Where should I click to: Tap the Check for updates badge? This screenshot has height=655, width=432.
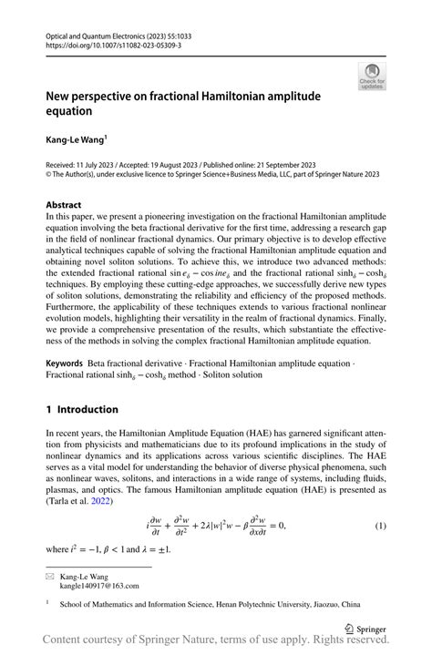pyautogui.click(x=372, y=77)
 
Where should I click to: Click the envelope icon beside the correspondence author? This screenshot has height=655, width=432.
pyautogui.click(x=50, y=577)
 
